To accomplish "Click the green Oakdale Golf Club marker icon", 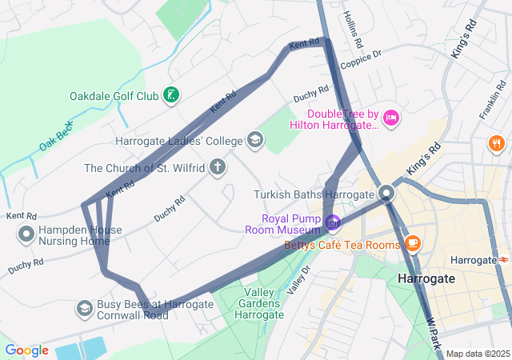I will pyautogui.click(x=170, y=97).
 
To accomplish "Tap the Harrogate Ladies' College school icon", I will pyautogui.click(x=255, y=141).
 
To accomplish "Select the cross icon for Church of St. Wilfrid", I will pyautogui.click(x=218, y=168).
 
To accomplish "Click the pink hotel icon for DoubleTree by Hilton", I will pyautogui.click(x=391, y=118).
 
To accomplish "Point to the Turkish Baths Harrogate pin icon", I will pyautogui.click(x=387, y=194).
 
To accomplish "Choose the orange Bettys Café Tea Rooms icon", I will pyautogui.click(x=413, y=242).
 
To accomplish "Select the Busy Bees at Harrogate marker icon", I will pyautogui.click(x=84, y=309).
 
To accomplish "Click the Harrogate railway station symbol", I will pyautogui.click(x=504, y=260).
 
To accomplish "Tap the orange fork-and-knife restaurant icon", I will pyautogui.click(x=496, y=144).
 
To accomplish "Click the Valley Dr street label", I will pyautogui.click(x=298, y=281).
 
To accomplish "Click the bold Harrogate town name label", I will pyautogui.click(x=426, y=278).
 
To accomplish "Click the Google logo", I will pyautogui.click(x=26, y=350).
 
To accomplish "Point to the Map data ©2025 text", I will pyautogui.click(x=477, y=354).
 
